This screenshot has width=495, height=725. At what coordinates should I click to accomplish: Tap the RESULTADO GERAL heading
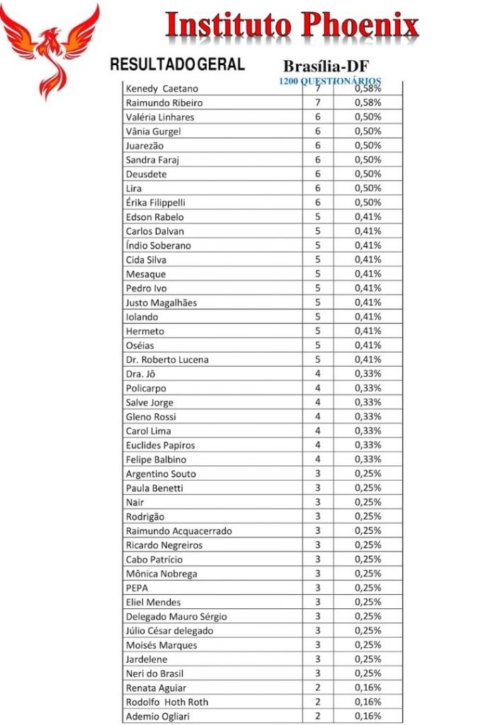point(177,64)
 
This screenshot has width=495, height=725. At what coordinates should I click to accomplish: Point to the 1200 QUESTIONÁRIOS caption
point(331,81)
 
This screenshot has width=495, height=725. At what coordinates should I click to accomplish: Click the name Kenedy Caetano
point(161,89)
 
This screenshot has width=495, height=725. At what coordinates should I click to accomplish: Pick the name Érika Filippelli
point(155,202)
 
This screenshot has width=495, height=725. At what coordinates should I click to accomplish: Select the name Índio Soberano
point(158,246)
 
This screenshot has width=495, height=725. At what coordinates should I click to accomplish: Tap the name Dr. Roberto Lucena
point(167,360)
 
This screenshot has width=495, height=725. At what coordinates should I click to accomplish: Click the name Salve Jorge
point(149,403)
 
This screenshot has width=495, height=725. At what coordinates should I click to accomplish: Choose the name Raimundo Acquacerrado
point(178,531)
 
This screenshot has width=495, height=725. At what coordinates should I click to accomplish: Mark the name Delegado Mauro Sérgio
point(176,617)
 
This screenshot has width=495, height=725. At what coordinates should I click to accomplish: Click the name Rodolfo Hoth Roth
point(166,702)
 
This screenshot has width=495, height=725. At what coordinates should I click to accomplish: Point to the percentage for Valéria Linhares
point(368,117)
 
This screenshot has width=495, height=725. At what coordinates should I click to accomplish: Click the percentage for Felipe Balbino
point(368,459)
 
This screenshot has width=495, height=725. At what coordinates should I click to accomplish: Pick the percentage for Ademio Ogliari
point(368,717)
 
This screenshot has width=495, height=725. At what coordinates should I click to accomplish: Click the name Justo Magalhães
point(161,303)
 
